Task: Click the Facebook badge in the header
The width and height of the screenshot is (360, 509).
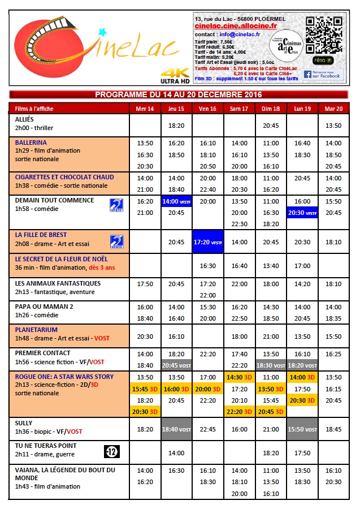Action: pos(323,74)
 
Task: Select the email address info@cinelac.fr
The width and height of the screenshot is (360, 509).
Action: pos(236,34)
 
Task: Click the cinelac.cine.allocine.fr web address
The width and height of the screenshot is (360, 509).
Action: pos(235,26)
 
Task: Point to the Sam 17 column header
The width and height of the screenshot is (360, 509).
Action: pos(239,108)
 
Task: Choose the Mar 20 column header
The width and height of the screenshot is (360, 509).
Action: pos(333,108)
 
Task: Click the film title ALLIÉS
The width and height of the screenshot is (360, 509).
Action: pos(25,120)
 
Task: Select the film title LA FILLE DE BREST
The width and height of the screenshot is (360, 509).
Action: pos(41,234)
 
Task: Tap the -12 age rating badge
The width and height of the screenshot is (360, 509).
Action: pos(112,451)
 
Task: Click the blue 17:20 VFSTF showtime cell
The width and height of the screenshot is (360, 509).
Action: pos(207,241)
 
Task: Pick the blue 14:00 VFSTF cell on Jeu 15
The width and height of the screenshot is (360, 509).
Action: pos(176,201)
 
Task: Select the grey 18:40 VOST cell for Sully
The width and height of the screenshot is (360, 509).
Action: pos(176,429)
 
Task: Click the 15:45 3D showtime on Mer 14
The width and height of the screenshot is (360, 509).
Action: pos(145,389)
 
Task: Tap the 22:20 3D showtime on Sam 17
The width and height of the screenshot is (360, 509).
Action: pos(239,412)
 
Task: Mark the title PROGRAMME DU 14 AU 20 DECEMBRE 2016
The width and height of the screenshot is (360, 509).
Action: pos(179,94)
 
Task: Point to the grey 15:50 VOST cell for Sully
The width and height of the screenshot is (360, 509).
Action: pos(302,429)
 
